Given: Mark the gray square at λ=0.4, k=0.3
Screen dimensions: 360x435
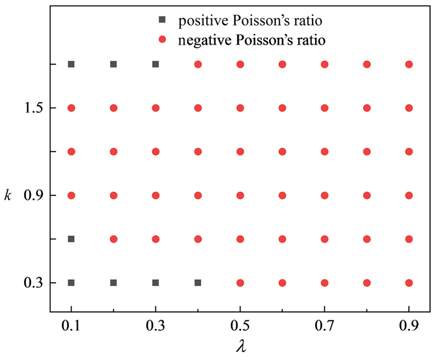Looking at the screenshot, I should pos(198,283).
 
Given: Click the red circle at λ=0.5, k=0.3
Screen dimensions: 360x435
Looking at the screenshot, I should pos(240,283).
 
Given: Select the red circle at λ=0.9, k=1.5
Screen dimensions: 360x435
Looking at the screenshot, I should pos(409,108).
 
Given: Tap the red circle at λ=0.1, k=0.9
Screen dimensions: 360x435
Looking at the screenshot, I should pos(71,195).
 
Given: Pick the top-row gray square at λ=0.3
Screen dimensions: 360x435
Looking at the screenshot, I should pos(155,64).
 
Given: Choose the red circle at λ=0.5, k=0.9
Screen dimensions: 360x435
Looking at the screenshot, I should pos(240,195).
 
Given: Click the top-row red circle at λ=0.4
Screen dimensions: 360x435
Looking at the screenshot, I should pos(198,64).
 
